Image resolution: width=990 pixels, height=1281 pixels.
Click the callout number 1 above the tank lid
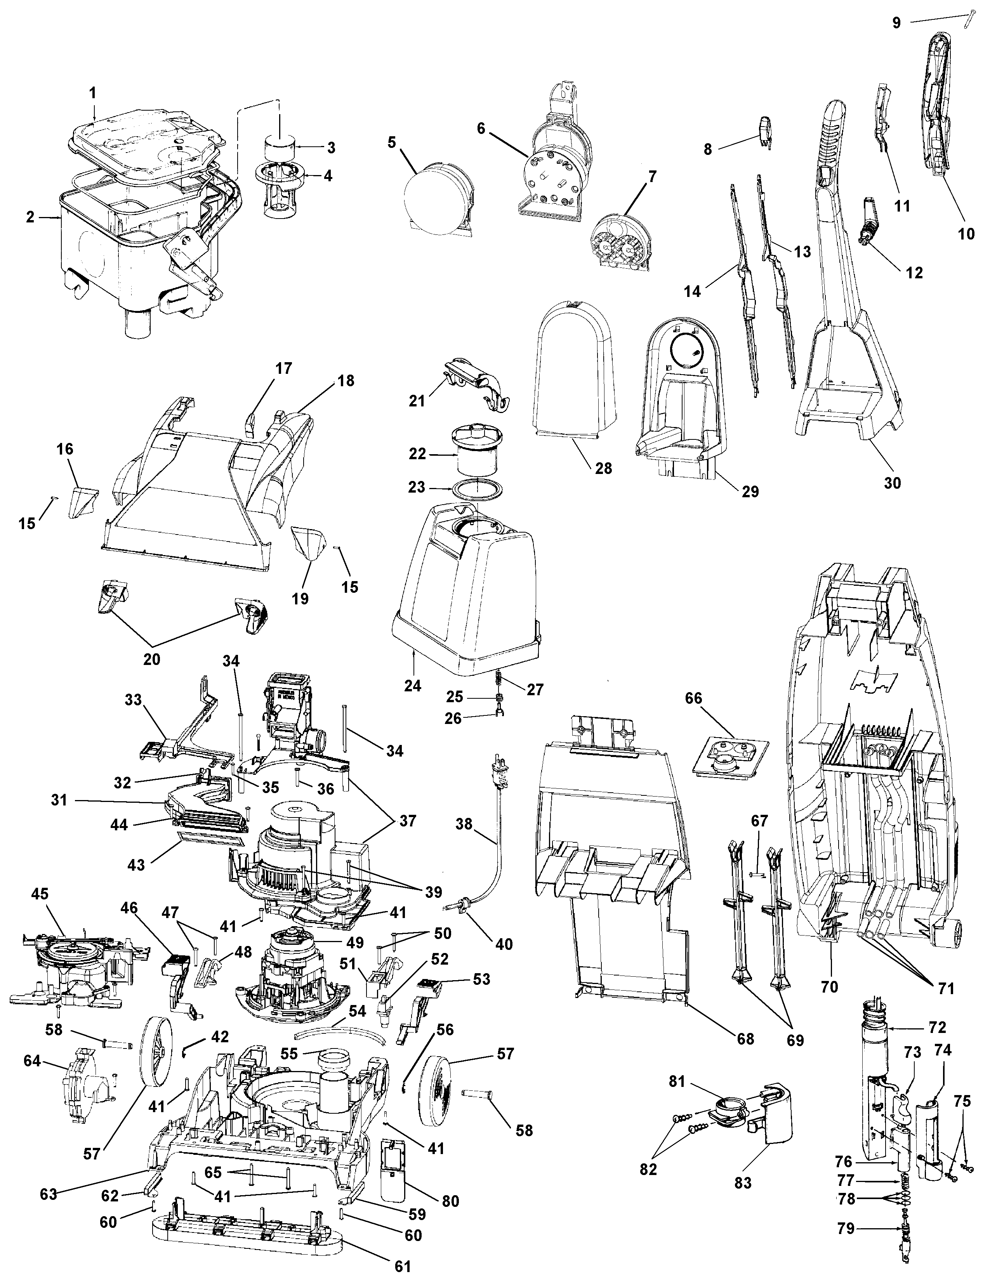tap(93, 93)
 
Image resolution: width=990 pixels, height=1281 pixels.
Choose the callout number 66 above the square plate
tap(693, 699)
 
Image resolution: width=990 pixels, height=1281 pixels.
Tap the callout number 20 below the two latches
tap(151, 659)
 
